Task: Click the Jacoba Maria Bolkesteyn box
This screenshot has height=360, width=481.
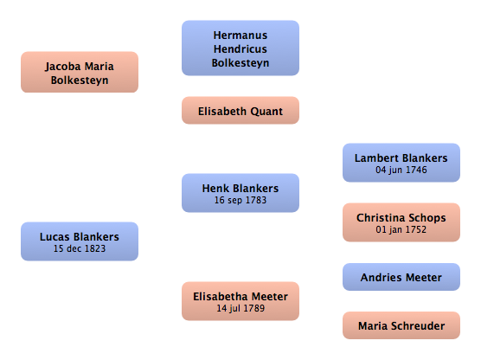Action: pos(80,72)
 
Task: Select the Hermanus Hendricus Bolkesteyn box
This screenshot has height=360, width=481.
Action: pos(240,48)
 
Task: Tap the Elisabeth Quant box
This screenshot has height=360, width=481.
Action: pos(240,111)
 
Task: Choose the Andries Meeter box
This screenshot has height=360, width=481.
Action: pos(401,277)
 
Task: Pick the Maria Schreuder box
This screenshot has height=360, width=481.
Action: pos(401,325)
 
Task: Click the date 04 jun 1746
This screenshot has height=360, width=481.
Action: pos(401,170)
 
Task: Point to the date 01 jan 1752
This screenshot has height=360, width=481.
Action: pos(401,229)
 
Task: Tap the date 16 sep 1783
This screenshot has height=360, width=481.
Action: pos(240,200)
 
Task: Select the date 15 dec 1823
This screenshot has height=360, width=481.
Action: pos(80,248)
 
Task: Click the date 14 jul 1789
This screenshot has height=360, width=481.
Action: pos(240,308)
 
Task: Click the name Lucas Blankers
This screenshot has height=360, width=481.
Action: pos(80,237)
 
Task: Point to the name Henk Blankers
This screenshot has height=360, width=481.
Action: pos(240,189)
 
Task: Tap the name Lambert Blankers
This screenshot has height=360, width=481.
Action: pos(401,158)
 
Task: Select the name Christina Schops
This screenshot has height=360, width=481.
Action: pos(401,218)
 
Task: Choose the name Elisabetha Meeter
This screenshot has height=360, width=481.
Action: pos(240,297)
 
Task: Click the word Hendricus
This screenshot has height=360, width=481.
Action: pos(240,49)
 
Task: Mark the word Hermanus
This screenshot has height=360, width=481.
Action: pos(240,35)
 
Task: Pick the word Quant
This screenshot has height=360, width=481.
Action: pos(266,112)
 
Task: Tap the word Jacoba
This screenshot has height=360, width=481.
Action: pos(63,67)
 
